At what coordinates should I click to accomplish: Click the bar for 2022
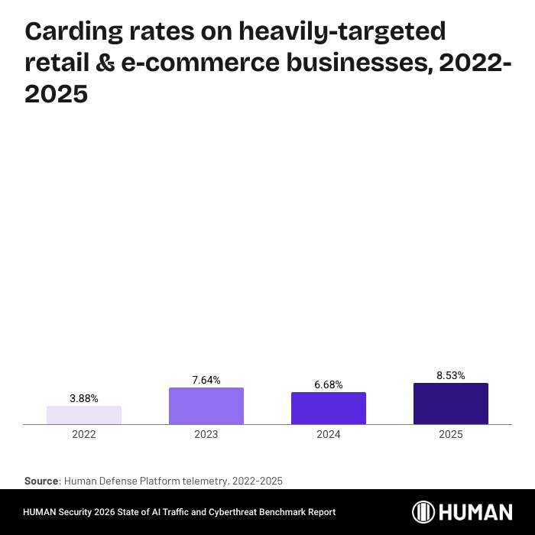(84, 414)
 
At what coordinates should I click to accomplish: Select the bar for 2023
(206, 405)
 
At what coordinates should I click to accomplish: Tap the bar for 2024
(329, 407)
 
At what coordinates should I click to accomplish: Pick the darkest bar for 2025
(451, 403)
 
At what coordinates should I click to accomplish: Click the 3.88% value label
(84, 398)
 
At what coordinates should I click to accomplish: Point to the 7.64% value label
(206, 380)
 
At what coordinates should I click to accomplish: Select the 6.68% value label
(329, 384)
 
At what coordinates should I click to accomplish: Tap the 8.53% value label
(451, 375)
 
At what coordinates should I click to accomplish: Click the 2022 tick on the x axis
(84, 434)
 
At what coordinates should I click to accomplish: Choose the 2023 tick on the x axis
(206, 434)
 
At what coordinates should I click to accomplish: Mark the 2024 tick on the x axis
(329, 434)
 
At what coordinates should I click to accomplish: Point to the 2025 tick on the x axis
(451, 434)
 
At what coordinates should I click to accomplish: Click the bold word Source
(41, 481)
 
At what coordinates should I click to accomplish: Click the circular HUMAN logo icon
(424, 512)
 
